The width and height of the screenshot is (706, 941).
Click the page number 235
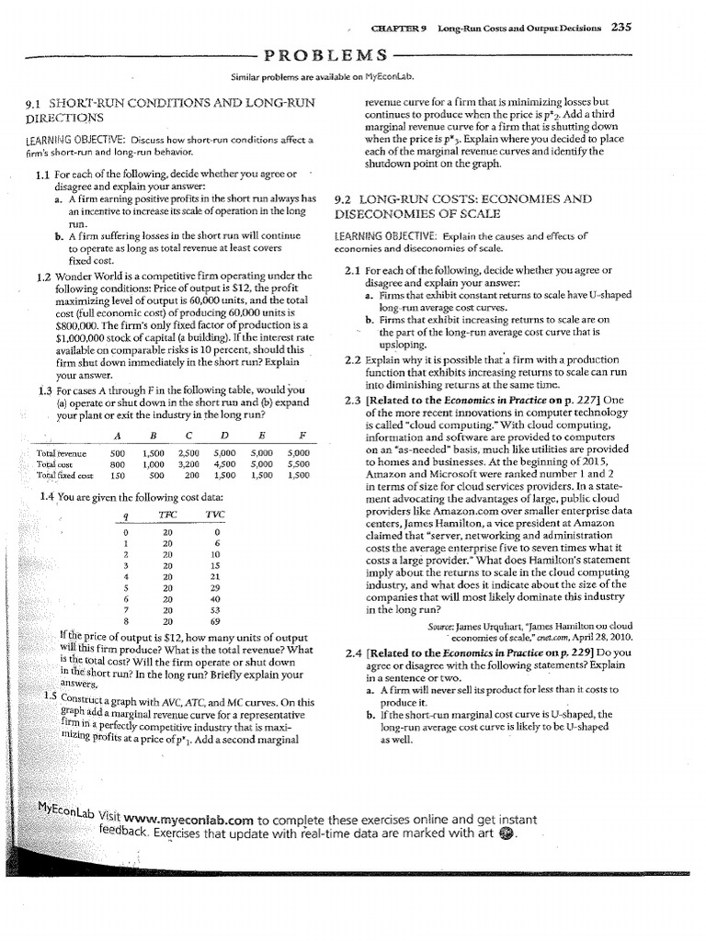coord(621,28)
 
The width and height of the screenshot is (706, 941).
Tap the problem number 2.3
coord(352,400)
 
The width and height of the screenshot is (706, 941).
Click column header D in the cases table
coord(223,436)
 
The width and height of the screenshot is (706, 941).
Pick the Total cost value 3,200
coord(188,465)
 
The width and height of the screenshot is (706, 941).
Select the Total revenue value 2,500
coord(188,454)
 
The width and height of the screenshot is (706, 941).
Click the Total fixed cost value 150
coord(118,476)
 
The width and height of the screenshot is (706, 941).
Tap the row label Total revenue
coord(61,454)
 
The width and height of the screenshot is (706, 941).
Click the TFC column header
coord(167,515)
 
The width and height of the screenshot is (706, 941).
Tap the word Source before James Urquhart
coord(441,627)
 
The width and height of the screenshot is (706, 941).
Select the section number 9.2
coord(348,198)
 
